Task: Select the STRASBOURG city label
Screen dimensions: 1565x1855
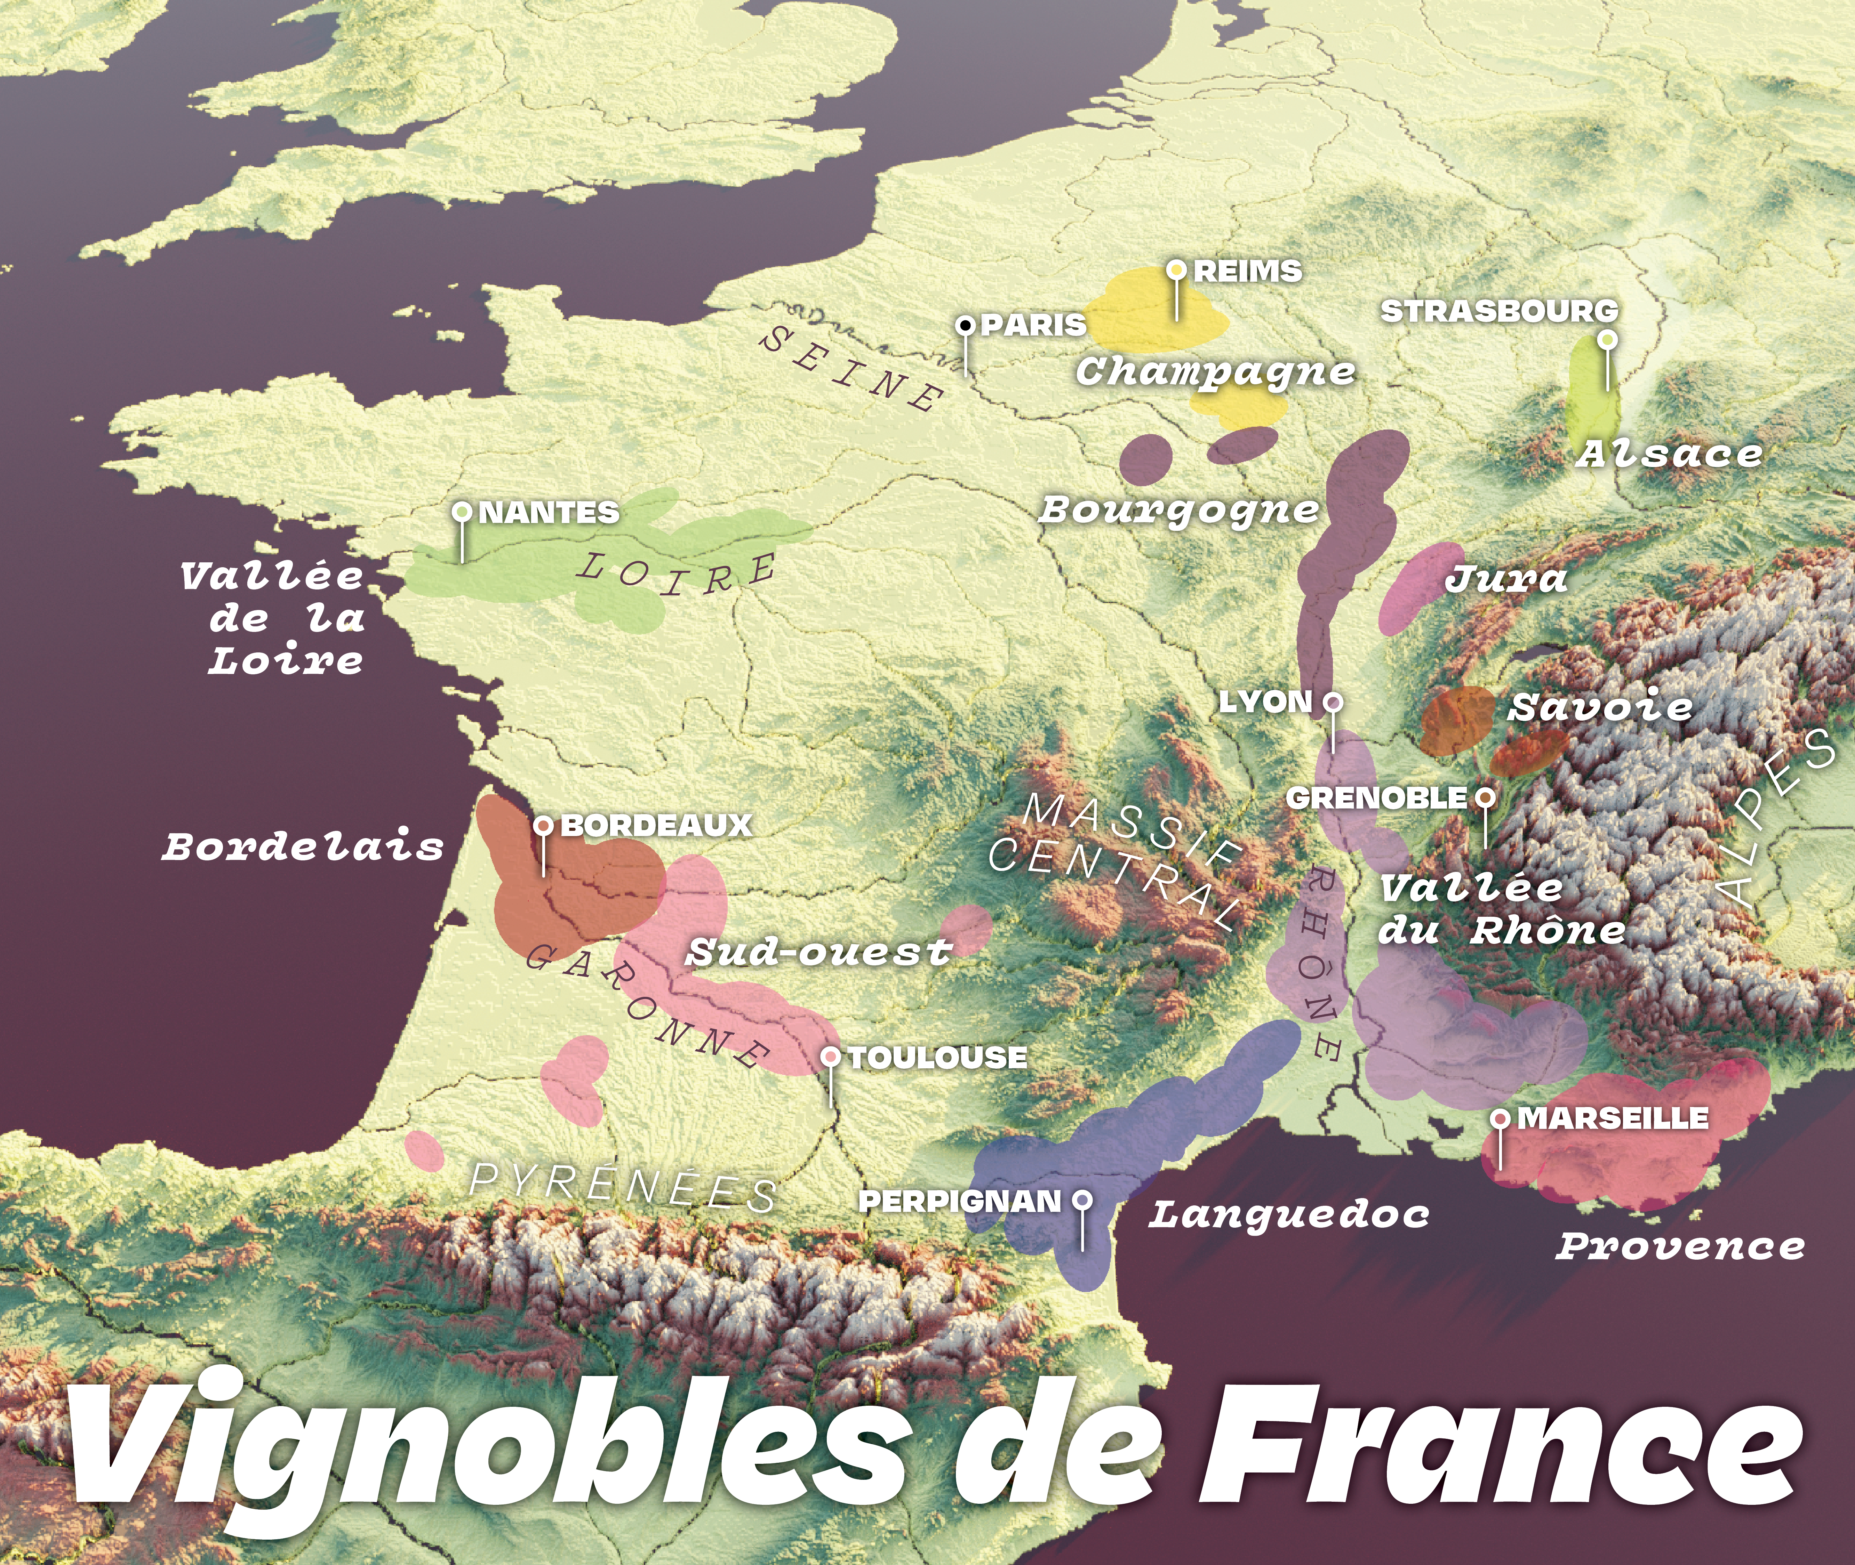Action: (1499, 311)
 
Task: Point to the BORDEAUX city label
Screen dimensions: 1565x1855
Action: (656, 826)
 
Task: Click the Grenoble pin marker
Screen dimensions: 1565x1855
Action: (1485, 797)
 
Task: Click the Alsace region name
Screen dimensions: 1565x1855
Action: (1670, 454)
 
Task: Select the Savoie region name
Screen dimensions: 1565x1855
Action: (1601, 707)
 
